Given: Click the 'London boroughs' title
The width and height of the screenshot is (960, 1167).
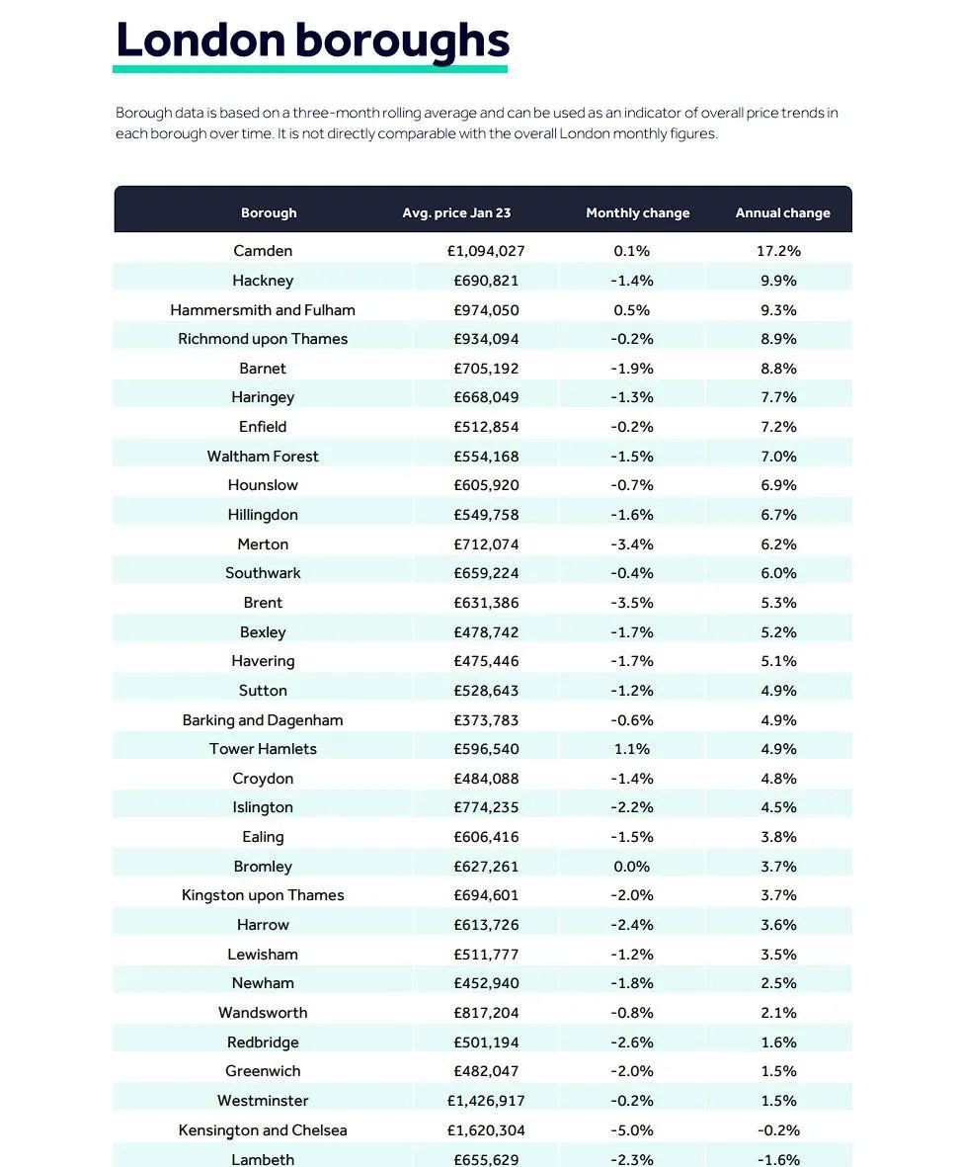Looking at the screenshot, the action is [312, 41].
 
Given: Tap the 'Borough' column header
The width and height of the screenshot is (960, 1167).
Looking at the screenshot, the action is [269, 212].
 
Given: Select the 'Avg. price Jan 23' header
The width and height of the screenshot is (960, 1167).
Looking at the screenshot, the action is [456, 212].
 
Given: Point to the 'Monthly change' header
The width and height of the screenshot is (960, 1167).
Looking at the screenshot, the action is [637, 212].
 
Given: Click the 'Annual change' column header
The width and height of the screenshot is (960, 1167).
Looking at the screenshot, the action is [782, 212].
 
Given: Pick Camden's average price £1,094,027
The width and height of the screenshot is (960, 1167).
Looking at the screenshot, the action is [486, 251].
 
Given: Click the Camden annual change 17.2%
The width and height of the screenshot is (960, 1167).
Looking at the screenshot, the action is [778, 251].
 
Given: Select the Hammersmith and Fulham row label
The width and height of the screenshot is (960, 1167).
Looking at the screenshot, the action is [263, 309].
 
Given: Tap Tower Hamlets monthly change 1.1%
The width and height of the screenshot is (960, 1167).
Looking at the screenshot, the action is [632, 749].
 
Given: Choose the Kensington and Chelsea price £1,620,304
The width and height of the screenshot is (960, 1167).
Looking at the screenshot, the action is [486, 1129].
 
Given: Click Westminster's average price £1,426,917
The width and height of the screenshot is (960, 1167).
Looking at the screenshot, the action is [486, 1100].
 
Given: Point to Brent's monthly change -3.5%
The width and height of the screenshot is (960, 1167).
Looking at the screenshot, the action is [632, 602].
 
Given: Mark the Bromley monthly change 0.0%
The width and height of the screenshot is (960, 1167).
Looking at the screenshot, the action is [632, 867].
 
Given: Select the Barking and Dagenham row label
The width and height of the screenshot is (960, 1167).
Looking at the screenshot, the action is [263, 719].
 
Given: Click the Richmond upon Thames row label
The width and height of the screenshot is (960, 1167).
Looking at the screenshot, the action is [263, 339].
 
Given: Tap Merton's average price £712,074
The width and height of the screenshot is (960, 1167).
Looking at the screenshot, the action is [486, 544].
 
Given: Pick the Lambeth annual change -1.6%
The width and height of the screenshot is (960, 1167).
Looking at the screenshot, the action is [778, 1159].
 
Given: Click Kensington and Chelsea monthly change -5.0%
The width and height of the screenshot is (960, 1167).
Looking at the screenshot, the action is [632, 1129].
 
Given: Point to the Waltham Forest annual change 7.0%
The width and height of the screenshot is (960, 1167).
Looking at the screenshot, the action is [778, 457].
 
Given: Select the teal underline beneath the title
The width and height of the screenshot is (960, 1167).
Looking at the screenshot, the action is [310, 69].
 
